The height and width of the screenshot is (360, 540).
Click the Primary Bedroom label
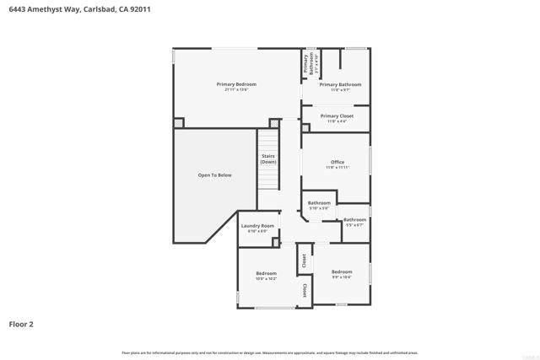(x=236, y=84)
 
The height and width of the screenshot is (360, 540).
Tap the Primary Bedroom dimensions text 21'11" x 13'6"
(x=236, y=90)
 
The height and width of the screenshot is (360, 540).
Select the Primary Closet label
(x=337, y=116)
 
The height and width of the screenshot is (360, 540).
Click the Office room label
(x=337, y=162)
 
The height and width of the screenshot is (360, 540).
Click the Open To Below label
(x=214, y=175)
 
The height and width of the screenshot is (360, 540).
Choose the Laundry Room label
(x=257, y=225)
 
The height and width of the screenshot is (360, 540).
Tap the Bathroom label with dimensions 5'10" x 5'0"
(x=319, y=202)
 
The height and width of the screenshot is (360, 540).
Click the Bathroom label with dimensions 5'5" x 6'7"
(x=354, y=220)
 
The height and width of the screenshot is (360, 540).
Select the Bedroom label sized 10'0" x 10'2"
(x=267, y=273)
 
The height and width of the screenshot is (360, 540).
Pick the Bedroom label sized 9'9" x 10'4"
(x=342, y=271)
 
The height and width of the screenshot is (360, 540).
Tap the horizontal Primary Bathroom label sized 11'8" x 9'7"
(x=340, y=84)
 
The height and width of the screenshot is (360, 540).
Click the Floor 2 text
(x=21, y=323)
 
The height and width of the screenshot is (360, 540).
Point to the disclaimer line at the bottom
(x=269, y=352)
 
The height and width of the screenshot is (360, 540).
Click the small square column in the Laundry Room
(x=275, y=243)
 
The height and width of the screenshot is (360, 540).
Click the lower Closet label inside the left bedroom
(x=305, y=289)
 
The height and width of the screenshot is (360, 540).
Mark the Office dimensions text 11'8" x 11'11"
(x=337, y=168)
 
